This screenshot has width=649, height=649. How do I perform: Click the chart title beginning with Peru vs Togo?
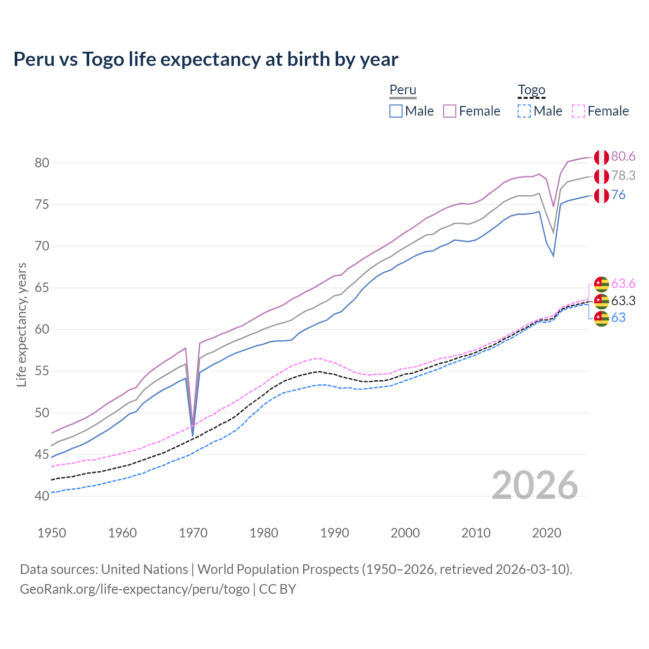coord(206,59)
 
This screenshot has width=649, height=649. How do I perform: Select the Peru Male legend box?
coord(396,111)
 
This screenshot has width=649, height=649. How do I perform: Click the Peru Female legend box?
coord(450,111)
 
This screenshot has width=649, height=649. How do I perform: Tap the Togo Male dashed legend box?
coord(524,111)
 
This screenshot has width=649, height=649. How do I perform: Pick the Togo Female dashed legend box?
coord(579,111)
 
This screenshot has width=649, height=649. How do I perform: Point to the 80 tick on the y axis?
coord(42,163)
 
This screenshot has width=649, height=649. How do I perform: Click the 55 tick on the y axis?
coord(42,371)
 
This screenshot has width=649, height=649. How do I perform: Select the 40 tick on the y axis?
coord(42,496)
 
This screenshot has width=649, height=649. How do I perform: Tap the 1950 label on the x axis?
coord(52,533)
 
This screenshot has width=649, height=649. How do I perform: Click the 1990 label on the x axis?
coord(335,533)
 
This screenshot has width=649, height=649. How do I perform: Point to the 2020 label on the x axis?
coord(547,533)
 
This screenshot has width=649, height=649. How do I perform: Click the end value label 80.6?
coord(623,157)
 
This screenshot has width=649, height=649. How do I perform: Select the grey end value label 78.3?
coord(623,175)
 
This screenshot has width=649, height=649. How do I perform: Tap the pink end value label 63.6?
coord(623,283)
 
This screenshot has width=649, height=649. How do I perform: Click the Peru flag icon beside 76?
coord(601,195)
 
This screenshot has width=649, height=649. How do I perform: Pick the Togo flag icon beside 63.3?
coord(601,301)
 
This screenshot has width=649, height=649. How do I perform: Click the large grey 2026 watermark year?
coord(535,485)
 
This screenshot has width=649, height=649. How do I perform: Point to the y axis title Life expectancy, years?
coord(21,324)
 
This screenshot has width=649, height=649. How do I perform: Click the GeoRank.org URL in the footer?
coord(134,589)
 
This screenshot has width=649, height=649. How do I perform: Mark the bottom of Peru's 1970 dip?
coord(193,434)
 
